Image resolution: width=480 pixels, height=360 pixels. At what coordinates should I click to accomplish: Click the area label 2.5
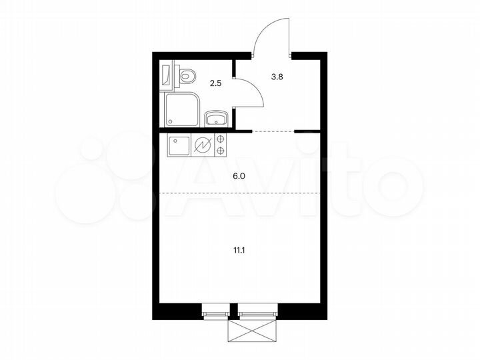coord(215,83)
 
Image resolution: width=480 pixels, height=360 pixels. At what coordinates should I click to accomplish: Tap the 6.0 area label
coord(239,177)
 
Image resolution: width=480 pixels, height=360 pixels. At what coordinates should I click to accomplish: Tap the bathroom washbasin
coord(216,119)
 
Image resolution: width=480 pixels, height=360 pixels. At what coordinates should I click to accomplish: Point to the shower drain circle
coord(173,121)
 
